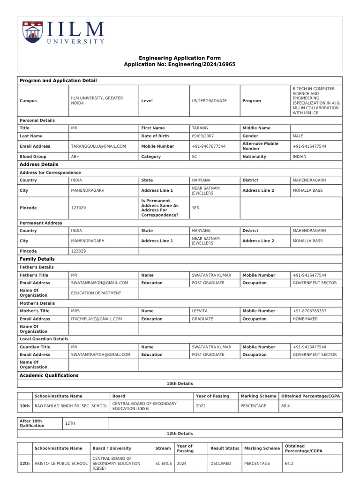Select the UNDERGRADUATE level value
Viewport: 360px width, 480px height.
[x=209, y=101]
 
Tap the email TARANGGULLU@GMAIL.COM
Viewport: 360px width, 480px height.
[x=98, y=146]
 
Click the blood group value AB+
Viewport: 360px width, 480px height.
[x=75, y=157]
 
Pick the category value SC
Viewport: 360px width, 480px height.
[x=195, y=157]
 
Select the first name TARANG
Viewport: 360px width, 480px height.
[x=200, y=128]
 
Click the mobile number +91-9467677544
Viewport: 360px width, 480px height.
[x=209, y=146]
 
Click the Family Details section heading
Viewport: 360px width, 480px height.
[x=37, y=259]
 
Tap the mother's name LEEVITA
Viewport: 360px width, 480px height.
[x=201, y=311]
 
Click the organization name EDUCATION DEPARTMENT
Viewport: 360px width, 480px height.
[x=96, y=293]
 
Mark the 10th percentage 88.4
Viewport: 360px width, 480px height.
[x=285, y=405]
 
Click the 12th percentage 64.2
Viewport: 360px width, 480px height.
[x=289, y=463]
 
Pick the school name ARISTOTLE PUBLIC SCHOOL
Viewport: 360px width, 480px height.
[x=61, y=463]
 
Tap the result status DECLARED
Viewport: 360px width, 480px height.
[x=221, y=463]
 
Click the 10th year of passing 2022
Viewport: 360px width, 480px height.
[x=201, y=405]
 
